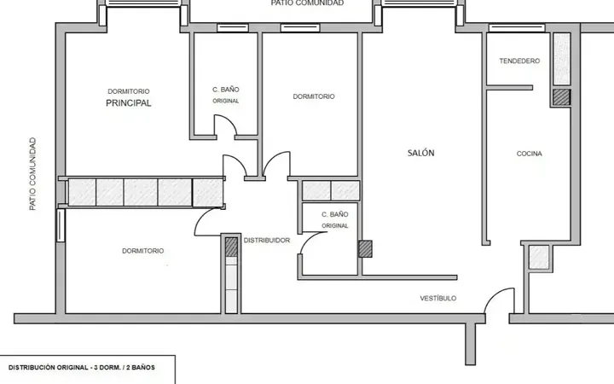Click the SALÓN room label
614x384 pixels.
point(421,153)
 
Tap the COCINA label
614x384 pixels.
point(529,154)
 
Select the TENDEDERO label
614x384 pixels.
point(519,61)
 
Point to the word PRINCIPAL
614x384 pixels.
point(129,103)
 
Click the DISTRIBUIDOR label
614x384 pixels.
point(267,240)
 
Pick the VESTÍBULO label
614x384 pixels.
point(438,298)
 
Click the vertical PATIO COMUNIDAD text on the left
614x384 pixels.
point(32,173)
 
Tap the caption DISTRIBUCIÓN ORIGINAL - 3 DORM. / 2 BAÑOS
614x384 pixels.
point(82,368)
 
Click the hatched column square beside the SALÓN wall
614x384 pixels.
point(365,249)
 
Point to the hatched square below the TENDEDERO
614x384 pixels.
point(561,97)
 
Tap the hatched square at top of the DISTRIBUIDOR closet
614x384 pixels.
point(231,247)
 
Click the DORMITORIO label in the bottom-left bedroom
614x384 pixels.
point(143,251)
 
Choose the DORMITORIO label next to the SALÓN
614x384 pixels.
point(314,96)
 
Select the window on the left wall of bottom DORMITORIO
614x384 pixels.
point(61,225)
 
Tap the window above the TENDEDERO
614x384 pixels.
point(517,28)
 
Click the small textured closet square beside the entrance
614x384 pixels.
point(539,257)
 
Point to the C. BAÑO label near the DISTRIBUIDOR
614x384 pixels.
point(335,214)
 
